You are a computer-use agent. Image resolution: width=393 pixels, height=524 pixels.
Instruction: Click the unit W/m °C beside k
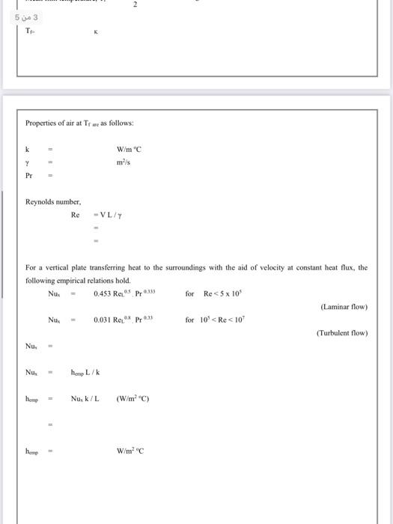[x=130, y=150]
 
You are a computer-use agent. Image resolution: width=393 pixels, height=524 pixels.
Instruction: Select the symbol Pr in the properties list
[x=29, y=176]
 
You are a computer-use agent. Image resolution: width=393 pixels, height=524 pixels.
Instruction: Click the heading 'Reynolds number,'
[x=53, y=202]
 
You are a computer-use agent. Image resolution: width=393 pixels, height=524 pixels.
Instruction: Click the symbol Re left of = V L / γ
[x=75, y=215]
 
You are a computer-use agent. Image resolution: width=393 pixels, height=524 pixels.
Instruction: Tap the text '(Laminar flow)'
[x=344, y=307]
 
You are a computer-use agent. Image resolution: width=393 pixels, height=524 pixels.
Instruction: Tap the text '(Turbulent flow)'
[x=341, y=333]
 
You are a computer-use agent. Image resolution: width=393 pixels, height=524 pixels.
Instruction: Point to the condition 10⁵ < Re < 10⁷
[x=227, y=320]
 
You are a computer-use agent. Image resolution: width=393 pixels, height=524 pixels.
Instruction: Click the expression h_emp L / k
[x=85, y=372]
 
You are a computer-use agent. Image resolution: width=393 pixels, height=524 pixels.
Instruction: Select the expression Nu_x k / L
[x=85, y=399]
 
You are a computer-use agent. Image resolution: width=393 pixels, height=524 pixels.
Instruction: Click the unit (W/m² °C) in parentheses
[x=133, y=399]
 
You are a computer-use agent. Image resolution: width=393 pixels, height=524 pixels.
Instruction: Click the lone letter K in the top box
[x=95, y=32]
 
